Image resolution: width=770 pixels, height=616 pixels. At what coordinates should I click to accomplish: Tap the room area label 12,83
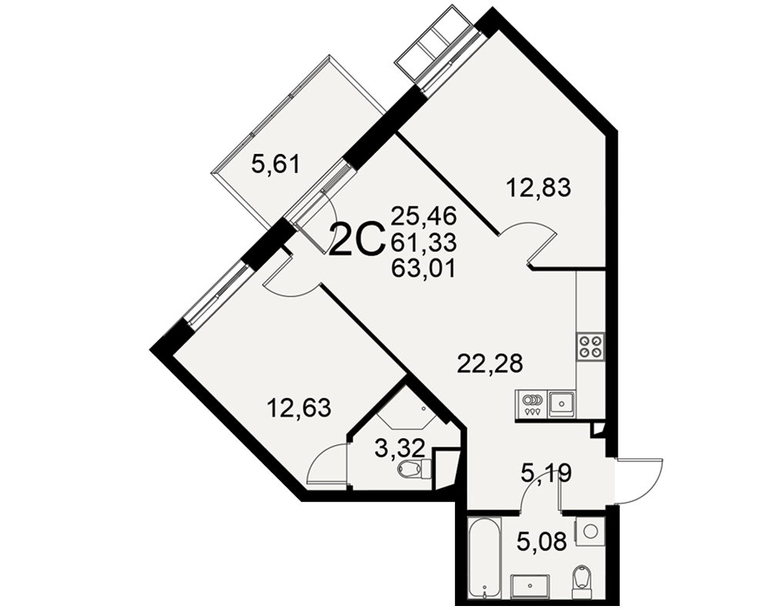click(x=539, y=187)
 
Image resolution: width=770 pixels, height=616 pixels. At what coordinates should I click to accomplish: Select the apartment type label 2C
click(x=357, y=239)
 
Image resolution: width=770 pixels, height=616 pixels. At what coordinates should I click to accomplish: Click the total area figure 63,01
click(x=423, y=268)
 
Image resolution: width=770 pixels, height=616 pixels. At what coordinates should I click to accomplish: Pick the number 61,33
click(x=423, y=242)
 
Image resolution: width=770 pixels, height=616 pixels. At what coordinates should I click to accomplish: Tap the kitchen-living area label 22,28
click(x=490, y=364)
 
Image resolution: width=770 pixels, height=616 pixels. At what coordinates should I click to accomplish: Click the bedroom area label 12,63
click(x=299, y=408)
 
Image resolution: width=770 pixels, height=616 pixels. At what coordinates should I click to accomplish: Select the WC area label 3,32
click(x=399, y=449)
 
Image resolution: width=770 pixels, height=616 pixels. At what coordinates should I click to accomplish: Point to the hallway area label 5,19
click(x=546, y=474)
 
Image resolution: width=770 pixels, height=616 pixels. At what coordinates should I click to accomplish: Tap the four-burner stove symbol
click(x=591, y=346)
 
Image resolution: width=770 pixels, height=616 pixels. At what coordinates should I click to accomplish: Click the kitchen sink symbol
click(x=562, y=403)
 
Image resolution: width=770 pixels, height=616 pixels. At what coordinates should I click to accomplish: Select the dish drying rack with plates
click(x=532, y=403)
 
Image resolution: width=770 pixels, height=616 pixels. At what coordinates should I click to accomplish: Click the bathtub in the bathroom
click(x=484, y=557)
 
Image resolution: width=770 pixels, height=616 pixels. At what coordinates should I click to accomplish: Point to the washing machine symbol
click(x=591, y=531)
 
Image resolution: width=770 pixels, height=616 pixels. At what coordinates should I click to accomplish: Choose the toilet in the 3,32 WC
click(x=414, y=469)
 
